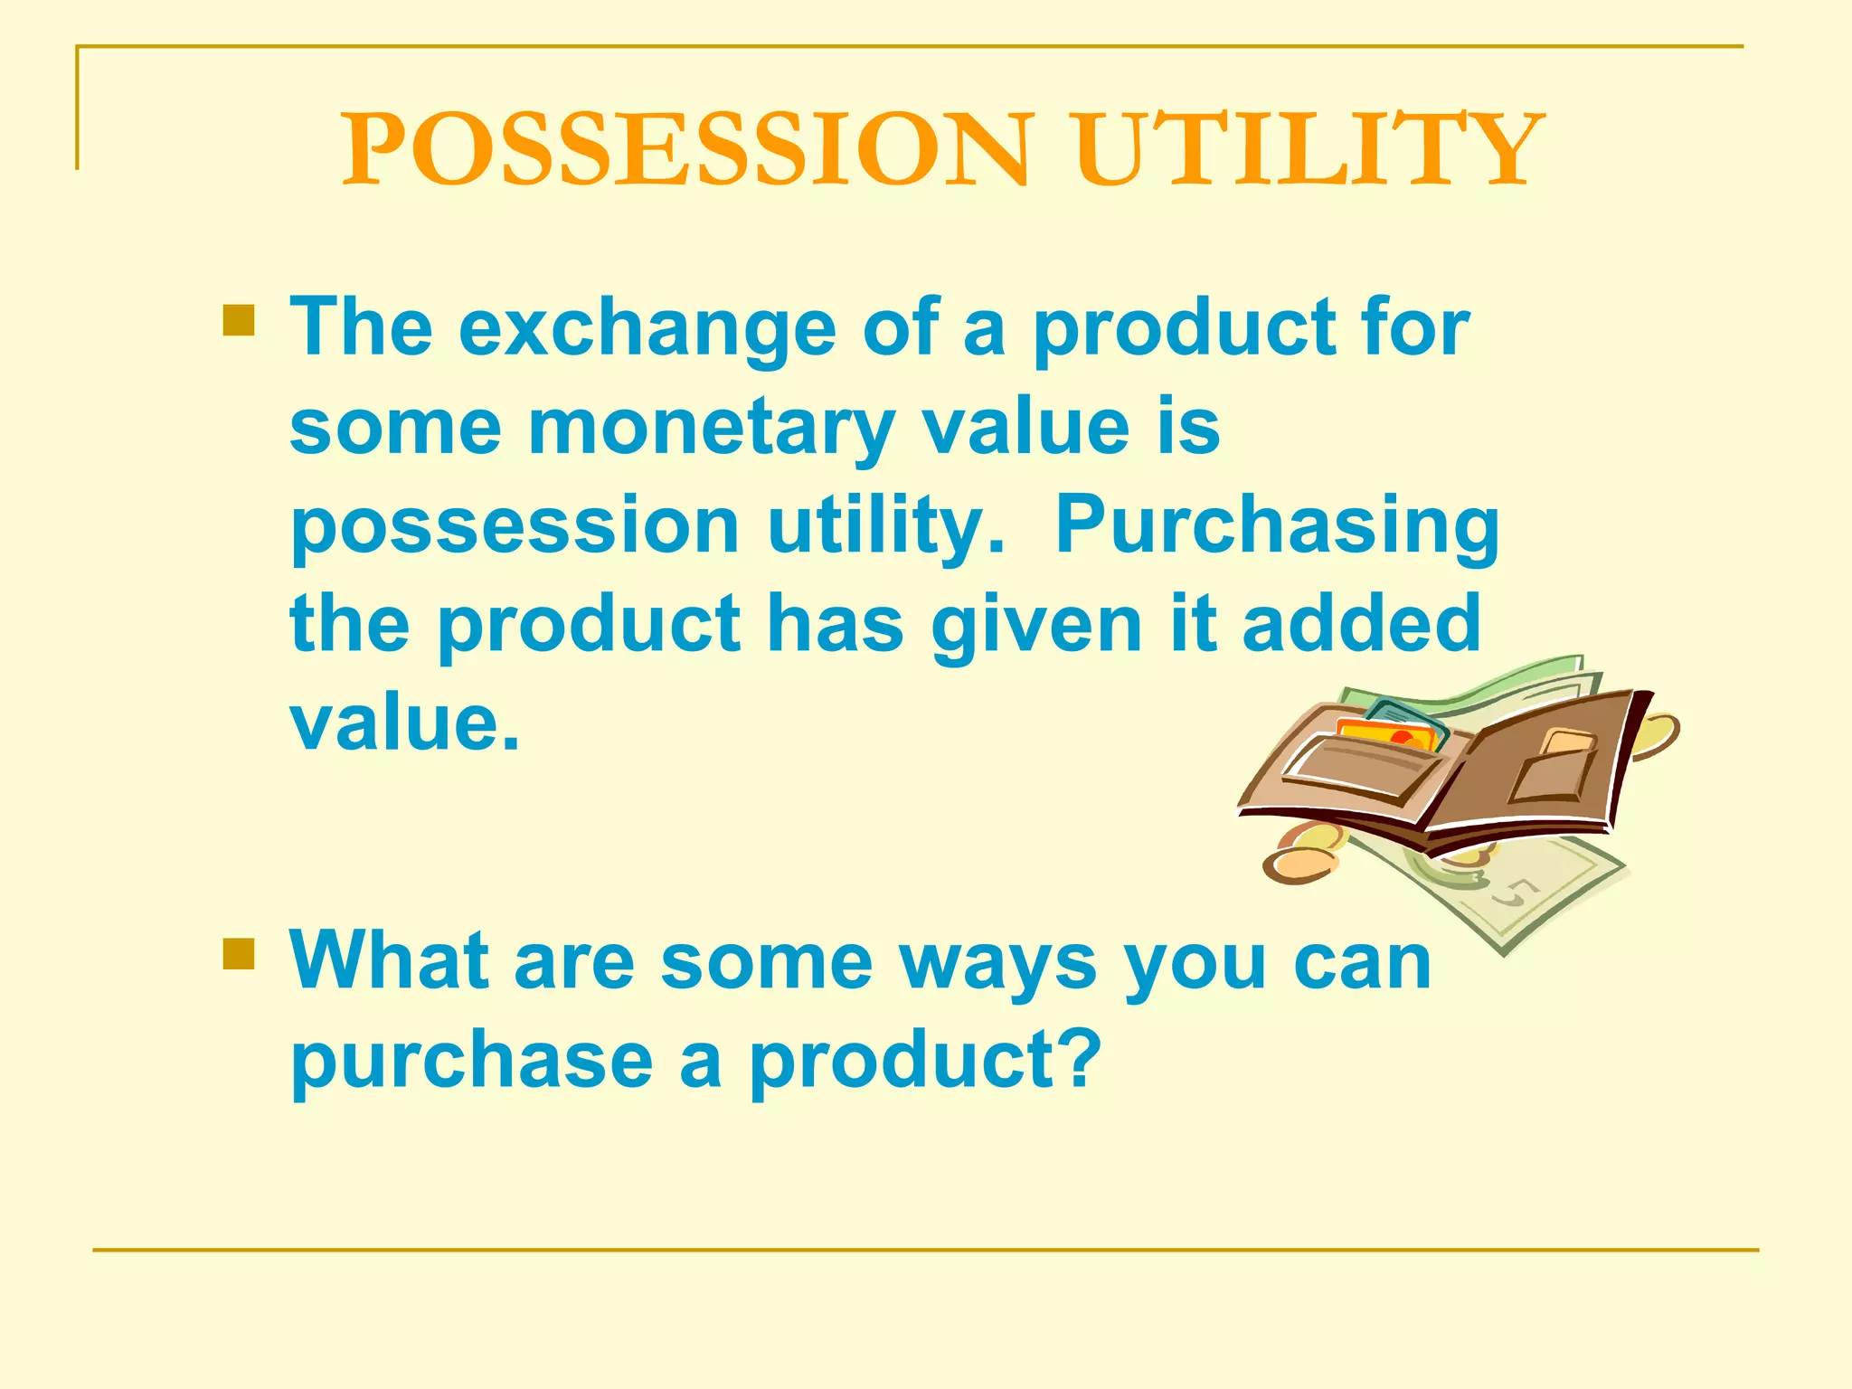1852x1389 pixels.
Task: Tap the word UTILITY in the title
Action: [x=1309, y=149]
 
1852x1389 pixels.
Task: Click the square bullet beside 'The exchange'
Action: [x=238, y=320]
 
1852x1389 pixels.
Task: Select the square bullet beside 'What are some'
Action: [x=238, y=953]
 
